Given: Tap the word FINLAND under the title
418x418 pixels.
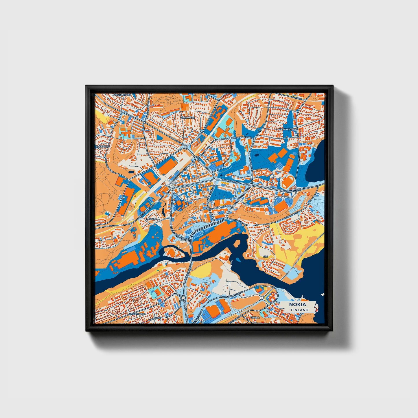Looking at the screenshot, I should coord(299,310).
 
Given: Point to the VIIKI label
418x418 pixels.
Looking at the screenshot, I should coord(265,257).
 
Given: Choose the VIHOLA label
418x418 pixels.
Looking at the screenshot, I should coord(255,317).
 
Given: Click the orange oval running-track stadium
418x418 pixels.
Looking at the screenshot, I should coord(287,182).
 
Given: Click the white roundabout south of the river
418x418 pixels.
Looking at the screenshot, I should coord(183,298).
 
